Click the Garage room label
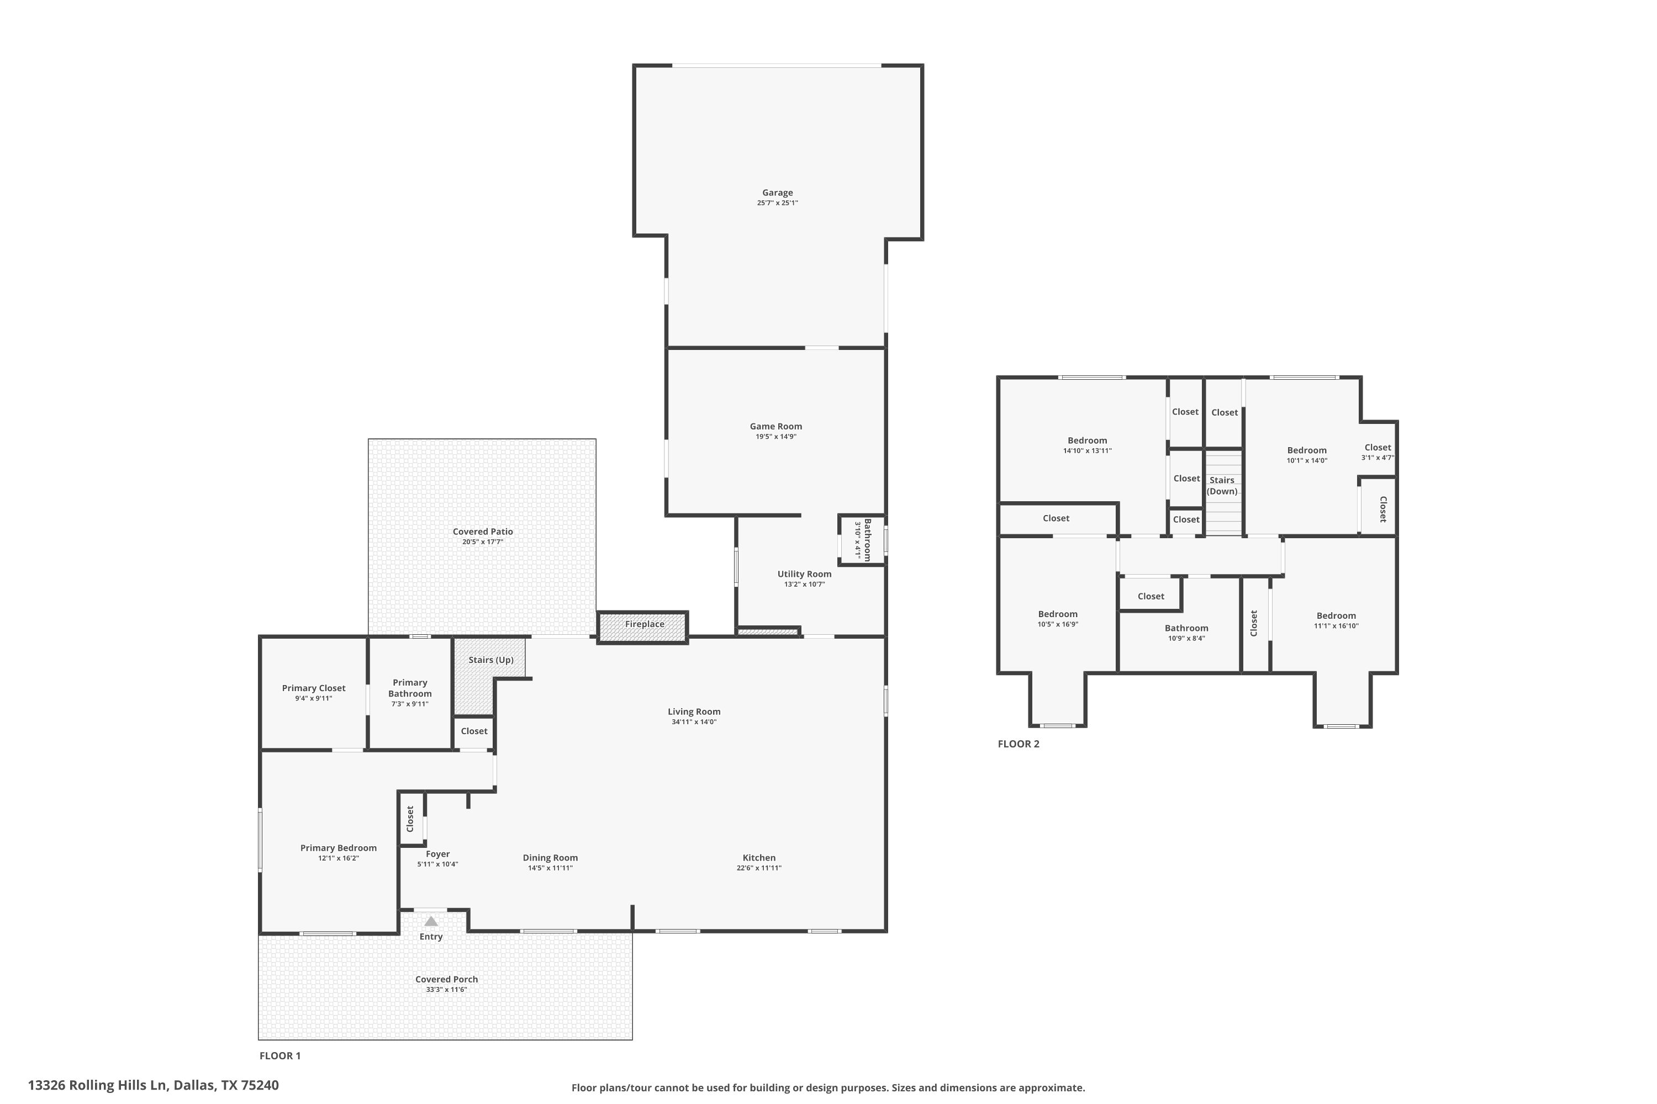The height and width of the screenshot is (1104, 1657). [x=777, y=192]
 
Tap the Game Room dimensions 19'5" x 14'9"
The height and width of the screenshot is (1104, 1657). [x=775, y=437]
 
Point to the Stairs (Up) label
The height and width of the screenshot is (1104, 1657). [x=491, y=660]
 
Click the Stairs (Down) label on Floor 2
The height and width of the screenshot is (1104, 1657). [x=1222, y=486]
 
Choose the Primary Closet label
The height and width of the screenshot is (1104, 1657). [x=314, y=688]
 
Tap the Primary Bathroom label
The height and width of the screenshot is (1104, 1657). [x=410, y=688]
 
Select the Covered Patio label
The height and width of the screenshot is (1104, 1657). [x=483, y=532]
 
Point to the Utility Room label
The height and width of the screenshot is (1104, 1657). [x=804, y=574]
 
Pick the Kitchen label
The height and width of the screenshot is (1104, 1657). [x=759, y=858]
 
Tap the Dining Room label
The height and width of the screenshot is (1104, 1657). [x=550, y=858]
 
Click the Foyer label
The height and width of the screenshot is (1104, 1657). [x=437, y=854]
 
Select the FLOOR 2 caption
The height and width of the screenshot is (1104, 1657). [x=1018, y=744]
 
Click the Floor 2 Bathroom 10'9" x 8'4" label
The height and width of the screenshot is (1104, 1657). [x=1186, y=628]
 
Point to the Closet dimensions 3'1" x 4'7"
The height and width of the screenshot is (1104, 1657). [x=1378, y=458]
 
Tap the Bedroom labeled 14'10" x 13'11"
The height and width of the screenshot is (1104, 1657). [x=1087, y=440]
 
